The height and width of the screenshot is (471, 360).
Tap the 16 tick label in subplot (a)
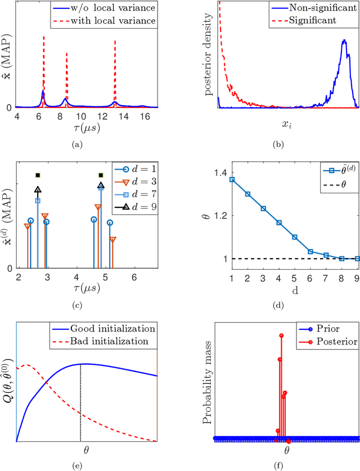(x=145, y=116)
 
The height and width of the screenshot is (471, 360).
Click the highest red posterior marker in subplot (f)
(x=281, y=336)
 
